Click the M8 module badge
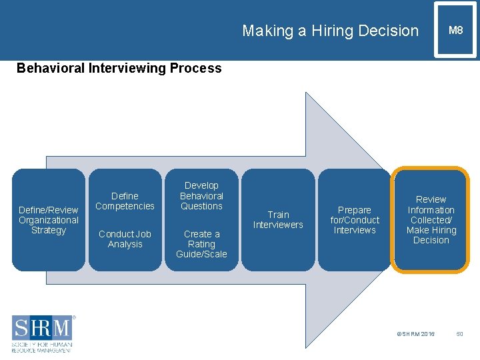455,30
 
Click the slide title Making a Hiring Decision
330,31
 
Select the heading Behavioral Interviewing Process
119,68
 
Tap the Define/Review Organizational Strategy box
49,220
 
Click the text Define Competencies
125,201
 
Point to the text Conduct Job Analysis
125,239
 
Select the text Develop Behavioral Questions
201,196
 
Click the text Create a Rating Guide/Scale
201,243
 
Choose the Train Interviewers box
278,220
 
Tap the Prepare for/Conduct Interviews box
355,220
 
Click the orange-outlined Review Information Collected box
431,220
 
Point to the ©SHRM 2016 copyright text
415,333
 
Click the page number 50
459,333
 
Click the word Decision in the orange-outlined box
431,241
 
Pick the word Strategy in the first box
49,231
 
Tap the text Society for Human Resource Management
41,347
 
